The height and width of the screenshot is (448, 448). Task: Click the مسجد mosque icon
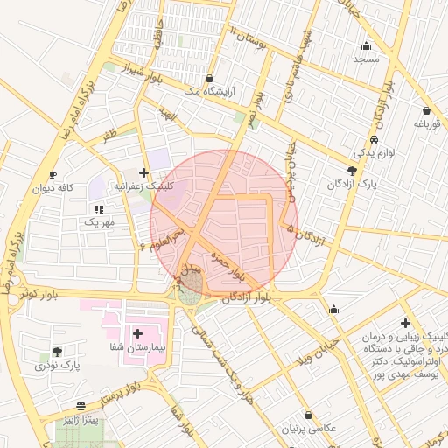coord(366,46)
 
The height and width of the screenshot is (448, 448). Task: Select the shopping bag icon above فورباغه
coord(426,111)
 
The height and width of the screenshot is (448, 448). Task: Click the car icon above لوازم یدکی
coord(374,139)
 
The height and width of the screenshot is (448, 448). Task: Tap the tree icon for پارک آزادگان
coord(352,171)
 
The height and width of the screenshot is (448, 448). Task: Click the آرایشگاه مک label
coord(202,91)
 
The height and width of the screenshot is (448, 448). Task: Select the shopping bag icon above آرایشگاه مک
coord(209,77)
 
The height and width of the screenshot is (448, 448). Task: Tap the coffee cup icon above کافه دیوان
coord(54,174)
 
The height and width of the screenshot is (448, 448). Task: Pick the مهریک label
coord(99,222)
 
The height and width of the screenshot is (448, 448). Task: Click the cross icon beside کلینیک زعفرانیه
coord(143,172)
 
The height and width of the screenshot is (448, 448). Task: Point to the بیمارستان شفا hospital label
coord(136,348)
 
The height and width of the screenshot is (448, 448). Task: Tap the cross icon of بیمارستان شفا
coord(137,333)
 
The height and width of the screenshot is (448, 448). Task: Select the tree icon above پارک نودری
coord(45,352)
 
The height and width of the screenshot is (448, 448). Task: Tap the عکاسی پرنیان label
coord(308,429)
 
